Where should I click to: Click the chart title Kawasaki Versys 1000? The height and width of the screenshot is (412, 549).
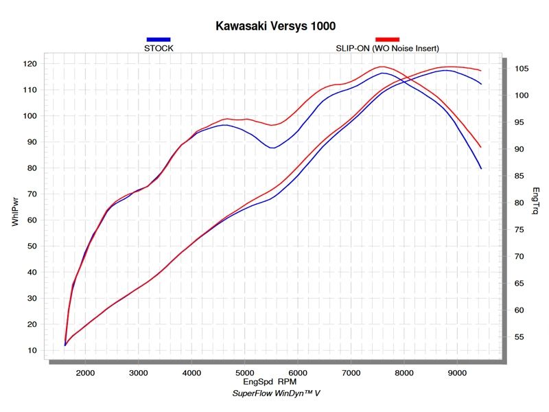(275, 26)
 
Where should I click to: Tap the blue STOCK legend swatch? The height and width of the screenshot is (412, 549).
(159, 40)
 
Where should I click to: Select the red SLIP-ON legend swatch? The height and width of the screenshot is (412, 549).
(387, 40)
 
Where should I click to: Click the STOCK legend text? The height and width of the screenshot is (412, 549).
(159, 48)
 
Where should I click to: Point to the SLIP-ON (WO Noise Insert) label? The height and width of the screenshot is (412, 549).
(387, 48)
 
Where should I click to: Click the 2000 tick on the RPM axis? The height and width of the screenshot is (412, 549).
(85, 373)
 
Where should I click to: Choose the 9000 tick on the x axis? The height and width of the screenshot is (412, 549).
(457, 373)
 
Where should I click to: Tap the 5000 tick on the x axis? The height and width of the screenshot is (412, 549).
(244, 373)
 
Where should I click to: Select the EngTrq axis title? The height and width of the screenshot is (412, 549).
(535, 201)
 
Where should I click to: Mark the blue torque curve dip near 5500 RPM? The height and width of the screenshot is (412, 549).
(273, 148)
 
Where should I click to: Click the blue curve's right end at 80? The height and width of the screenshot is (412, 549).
(481, 168)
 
